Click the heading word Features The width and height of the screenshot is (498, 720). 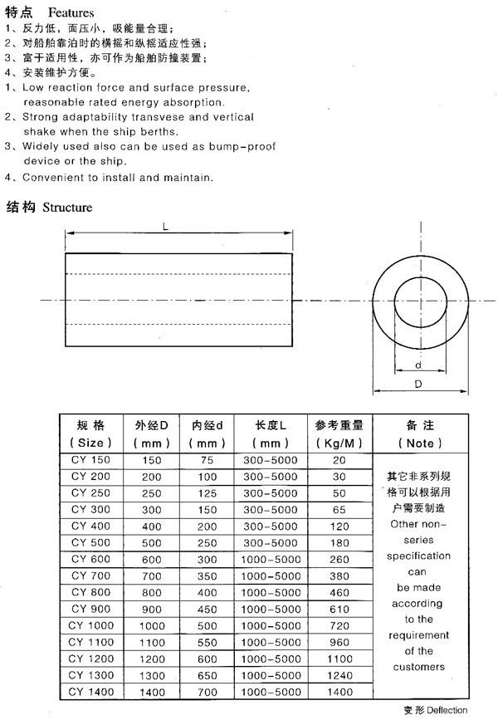71,13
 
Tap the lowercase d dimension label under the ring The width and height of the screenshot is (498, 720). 417,365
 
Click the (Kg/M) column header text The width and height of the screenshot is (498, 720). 339,443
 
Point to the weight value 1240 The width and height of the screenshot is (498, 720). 339,674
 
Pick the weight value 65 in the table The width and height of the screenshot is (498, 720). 339,509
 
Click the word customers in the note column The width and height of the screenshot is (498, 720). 419,666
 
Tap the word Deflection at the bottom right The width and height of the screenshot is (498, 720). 448,710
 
